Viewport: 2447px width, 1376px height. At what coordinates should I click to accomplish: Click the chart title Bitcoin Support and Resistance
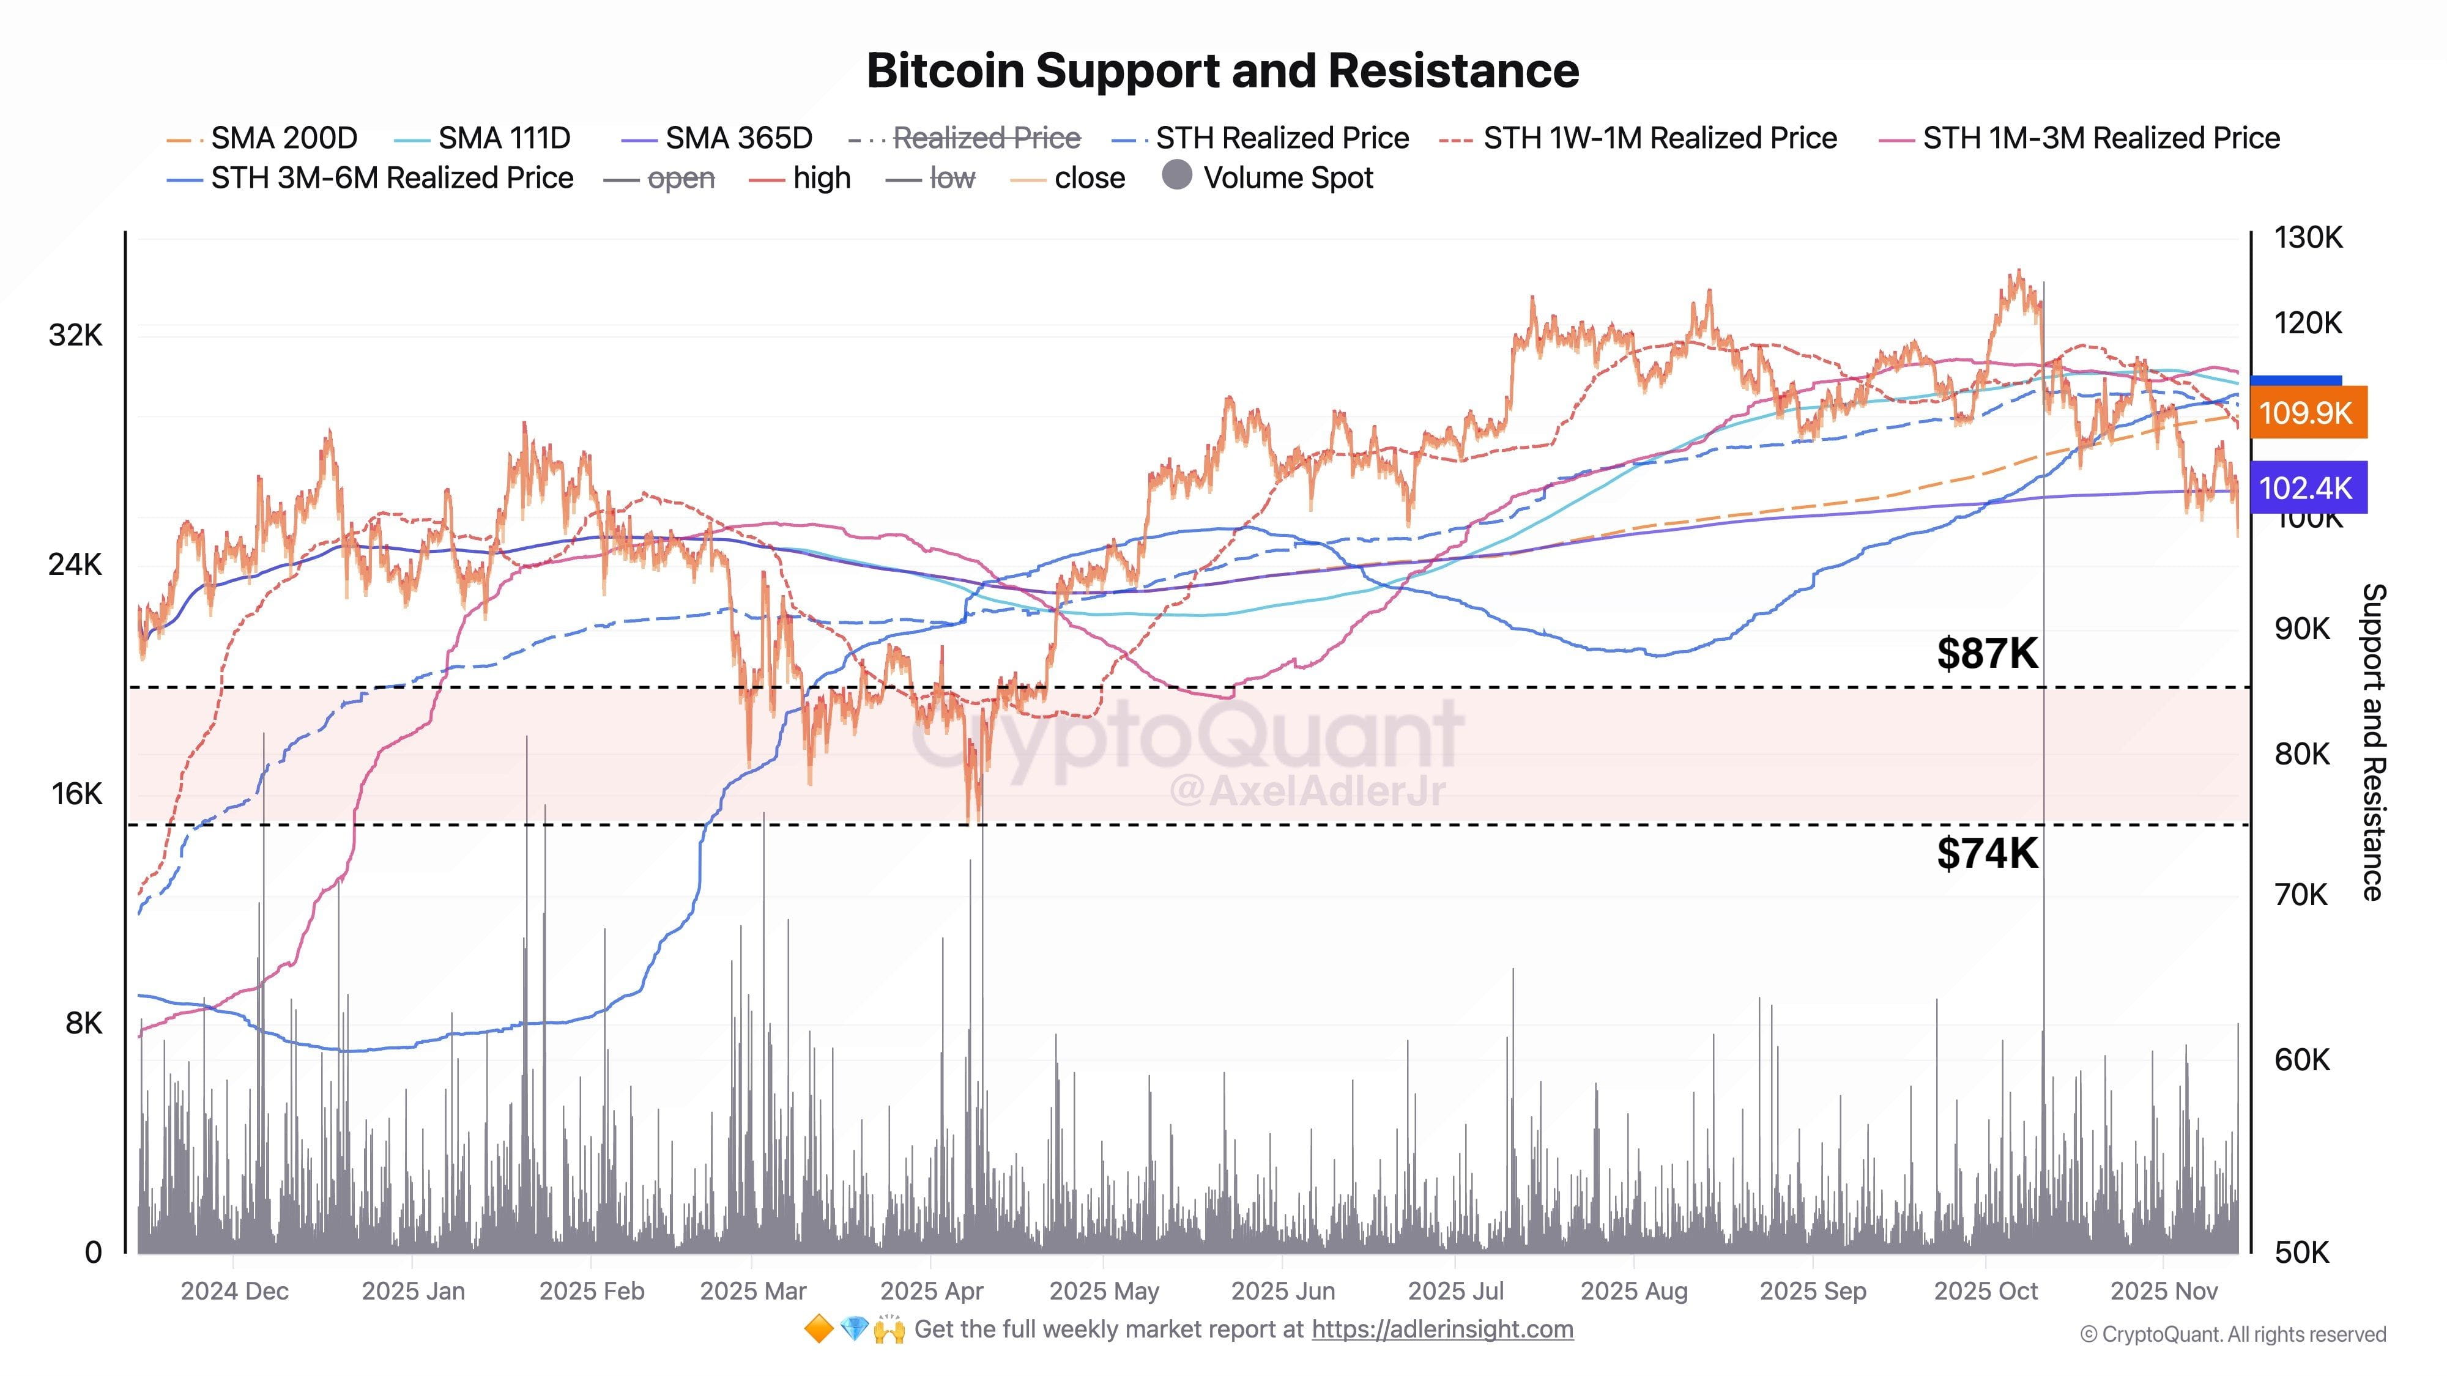1222,70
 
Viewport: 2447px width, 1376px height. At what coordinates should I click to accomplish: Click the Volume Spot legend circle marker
1177,176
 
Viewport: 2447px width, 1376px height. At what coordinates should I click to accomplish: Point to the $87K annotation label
1987,653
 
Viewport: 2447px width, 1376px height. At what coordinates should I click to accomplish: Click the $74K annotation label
1987,853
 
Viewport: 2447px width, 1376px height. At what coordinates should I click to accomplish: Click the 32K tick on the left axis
75,335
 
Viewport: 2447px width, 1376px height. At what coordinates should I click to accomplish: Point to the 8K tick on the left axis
84,1024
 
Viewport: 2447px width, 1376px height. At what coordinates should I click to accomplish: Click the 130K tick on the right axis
2308,237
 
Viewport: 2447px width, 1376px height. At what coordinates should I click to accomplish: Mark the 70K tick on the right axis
2301,895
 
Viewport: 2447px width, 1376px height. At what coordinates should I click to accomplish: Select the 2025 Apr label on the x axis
931,1292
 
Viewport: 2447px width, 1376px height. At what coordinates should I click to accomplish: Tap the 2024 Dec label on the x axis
235,1292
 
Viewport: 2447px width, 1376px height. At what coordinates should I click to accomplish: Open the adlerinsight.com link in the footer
1442,1330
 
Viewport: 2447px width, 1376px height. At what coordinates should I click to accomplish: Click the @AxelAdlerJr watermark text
1307,791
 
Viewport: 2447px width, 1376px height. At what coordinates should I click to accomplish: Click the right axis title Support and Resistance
2373,742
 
